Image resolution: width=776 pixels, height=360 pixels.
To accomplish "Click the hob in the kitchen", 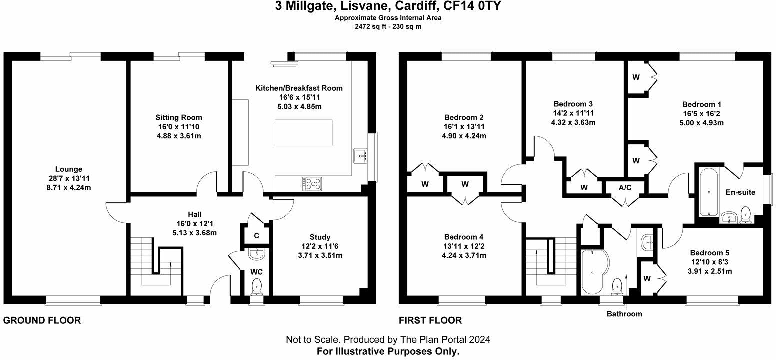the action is click(x=312, y=183).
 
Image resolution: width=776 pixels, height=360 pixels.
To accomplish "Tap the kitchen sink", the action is click(x=360, y=156).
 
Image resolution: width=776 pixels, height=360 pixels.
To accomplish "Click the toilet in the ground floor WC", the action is click(x=257, y=286).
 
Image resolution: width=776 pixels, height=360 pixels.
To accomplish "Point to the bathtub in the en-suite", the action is click(x=708, y=192).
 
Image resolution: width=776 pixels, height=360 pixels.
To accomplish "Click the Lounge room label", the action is click(x=69, y=169).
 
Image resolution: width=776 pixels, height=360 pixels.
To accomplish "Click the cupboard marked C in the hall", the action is click(x=256, y=235).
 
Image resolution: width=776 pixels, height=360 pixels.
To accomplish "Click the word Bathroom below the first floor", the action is click(x=624, y=314).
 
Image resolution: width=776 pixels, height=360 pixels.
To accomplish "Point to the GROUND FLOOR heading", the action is click(x=42, y=320).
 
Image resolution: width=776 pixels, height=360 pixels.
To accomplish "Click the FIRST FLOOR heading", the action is click(x=430, y=320).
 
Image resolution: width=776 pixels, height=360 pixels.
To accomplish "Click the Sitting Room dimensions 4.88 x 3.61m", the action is click(x=178, y=136).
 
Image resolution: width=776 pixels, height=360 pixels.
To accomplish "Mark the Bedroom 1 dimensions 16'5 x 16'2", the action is click(x=702, y=114).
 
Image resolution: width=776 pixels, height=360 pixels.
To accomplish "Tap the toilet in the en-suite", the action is click(x=746, y=213).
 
